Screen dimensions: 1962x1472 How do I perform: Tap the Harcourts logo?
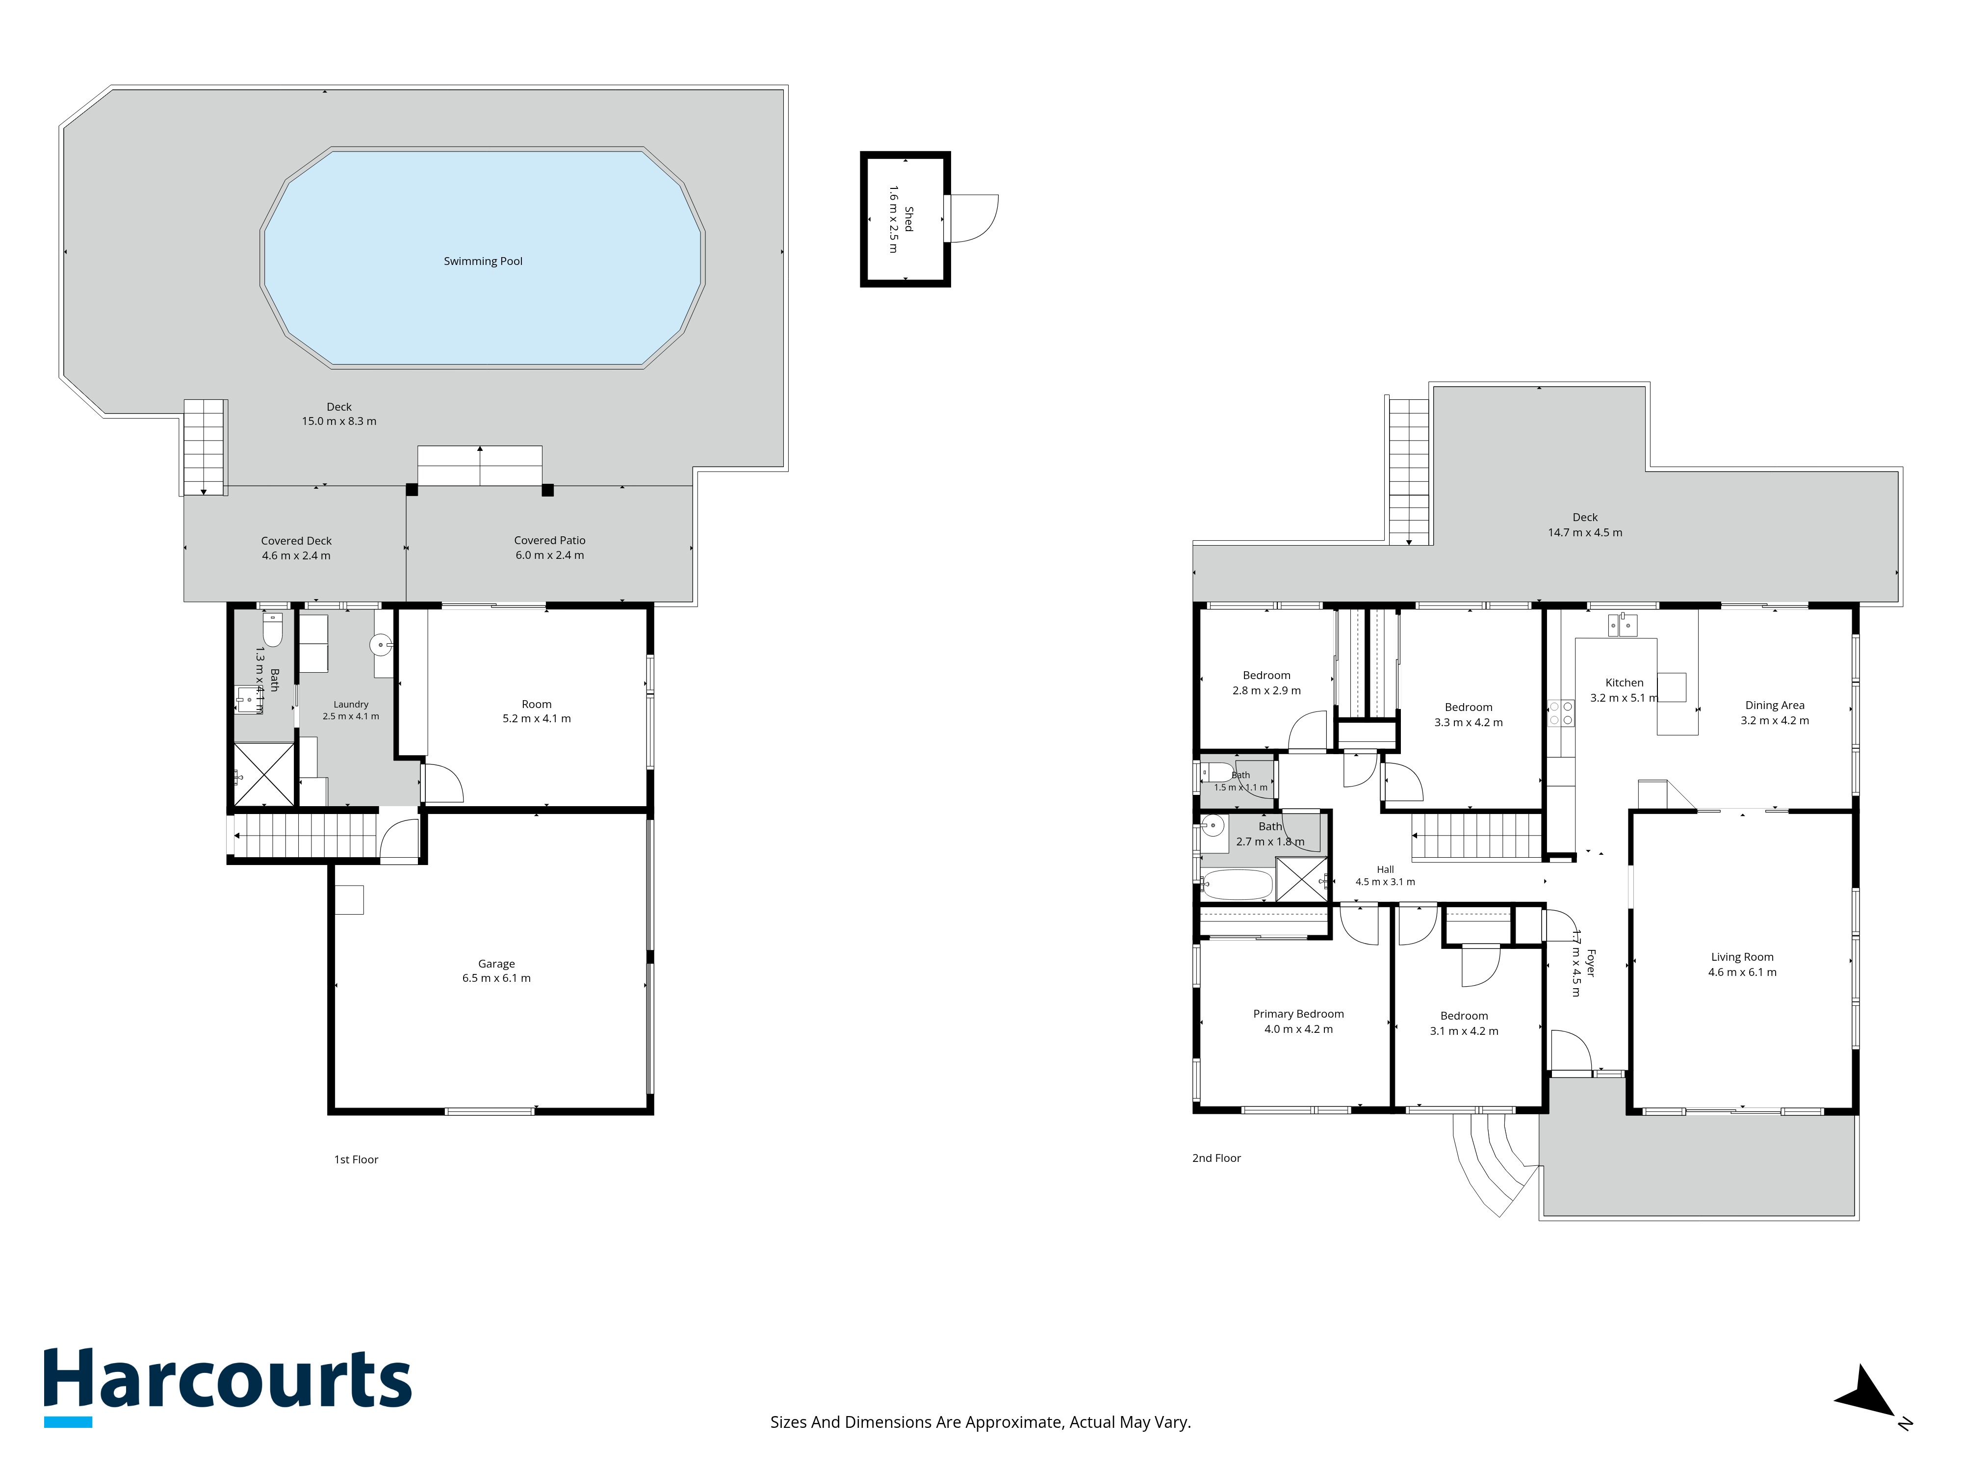point(228,1387)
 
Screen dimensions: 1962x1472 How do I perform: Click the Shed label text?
point(908,219)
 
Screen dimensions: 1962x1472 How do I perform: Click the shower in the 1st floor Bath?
point(263,775)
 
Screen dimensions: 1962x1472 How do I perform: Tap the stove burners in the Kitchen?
point(1560,713)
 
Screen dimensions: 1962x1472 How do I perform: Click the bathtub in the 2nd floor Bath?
point(1237,885)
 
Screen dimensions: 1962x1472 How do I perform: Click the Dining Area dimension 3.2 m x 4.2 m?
point(1774,720)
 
